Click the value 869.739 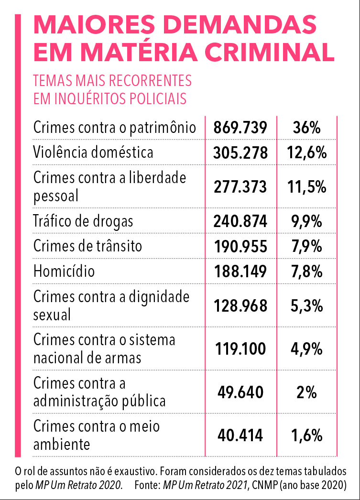[x=240, y=128]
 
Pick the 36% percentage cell [x=307, y=128]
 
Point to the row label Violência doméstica [x=93, y=152]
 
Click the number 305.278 [x=240, y=153]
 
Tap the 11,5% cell [x=307, y=187]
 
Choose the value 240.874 [x=240, y=221]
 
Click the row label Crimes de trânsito [x=87, y=246]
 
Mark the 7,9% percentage [x=307, y=247]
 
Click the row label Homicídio [x=64, y=271]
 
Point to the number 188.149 [x=240, y=272]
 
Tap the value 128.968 [x=240, y=306]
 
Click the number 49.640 [x=240, y=392]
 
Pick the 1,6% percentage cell [x=307, y=435]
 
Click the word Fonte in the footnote [x=147, y=485]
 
